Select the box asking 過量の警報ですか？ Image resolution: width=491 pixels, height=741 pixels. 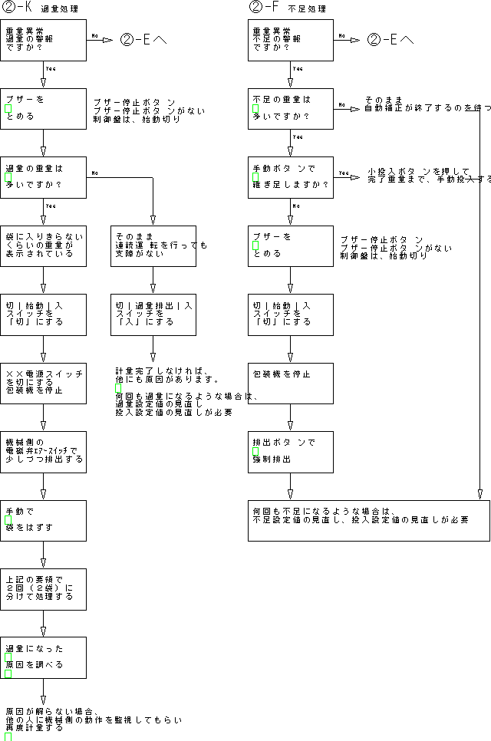[x=43, y=40]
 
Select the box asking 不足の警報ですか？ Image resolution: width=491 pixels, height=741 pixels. [x=291, y=40]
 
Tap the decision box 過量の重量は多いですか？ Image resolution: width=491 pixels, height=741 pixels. [x=43, y=177]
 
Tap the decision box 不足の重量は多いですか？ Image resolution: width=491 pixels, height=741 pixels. [x=291, y=109]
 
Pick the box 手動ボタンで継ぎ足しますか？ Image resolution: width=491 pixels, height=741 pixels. [x=291, y=177]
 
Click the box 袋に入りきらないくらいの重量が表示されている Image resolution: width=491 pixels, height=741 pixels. [x=43, y=245]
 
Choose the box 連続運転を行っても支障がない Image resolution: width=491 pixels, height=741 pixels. [x=153, y=245]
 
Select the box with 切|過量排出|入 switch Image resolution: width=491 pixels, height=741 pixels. [x=153, y=314]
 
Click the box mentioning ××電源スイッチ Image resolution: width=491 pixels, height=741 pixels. [x=43, y=383]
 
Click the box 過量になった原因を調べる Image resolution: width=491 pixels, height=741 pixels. [x=43, y=657]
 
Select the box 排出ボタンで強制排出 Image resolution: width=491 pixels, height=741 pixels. [x=291, y=452]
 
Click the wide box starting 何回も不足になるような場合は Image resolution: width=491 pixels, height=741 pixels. [x=368, y=520]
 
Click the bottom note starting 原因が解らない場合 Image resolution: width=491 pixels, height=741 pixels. [x=92, y=719]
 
